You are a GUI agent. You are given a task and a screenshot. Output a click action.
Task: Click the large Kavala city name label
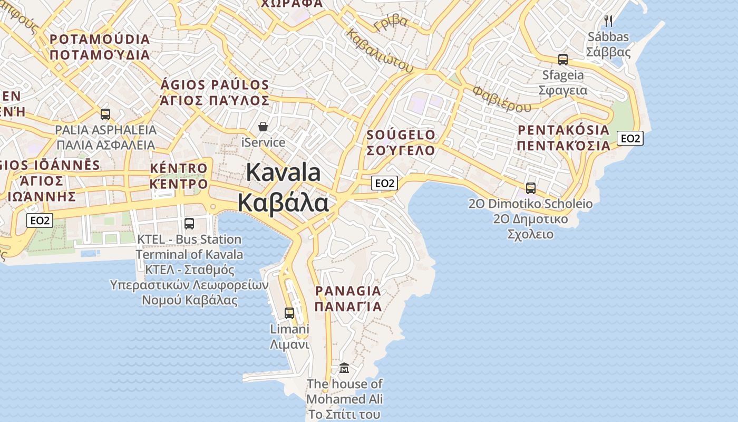pos(284,188)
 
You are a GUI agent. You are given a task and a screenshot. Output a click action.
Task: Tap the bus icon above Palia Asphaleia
pos(105,114)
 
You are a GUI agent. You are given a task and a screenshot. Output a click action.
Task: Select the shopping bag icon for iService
pos(263,127)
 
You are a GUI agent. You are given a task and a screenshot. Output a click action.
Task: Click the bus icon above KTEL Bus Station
pos(189,223)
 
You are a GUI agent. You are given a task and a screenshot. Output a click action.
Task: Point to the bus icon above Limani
pos(289,313)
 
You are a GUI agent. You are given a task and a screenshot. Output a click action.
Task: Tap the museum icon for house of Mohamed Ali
pos(344,368)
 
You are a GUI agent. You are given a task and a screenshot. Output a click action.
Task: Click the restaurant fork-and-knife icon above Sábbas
pos(608,21)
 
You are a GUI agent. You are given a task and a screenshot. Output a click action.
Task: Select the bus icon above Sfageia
pos(563,59)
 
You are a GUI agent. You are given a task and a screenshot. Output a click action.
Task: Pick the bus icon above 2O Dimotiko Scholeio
pos(531,188)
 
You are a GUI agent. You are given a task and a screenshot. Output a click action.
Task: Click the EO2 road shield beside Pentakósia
pos(630,138)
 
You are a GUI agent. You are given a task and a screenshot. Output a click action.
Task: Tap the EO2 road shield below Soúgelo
pos(384,183)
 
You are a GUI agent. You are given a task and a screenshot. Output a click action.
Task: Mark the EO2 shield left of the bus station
pos(40,220)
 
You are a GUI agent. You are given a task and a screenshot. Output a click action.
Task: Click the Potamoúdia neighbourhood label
pos(100,47)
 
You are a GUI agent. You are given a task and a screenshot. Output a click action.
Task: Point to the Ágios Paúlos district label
pos(215,92)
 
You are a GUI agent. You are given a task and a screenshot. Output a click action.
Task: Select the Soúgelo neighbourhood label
pos(401,142)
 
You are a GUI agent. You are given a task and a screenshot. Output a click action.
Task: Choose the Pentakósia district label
pos(564,137)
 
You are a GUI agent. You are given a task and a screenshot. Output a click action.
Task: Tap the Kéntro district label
pos(179,176)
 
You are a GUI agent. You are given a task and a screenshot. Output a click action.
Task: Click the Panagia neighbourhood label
pos(348,299)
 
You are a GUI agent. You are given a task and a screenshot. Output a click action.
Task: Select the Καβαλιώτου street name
pos(380,50)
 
